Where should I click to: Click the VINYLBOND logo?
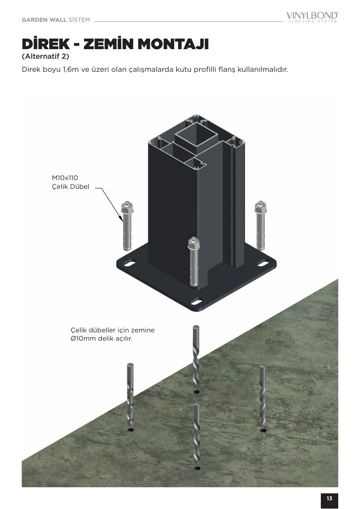[312, 17]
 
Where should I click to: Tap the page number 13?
[330, 498]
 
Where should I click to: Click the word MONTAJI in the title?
[173, 44]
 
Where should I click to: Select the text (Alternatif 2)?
[45, 57]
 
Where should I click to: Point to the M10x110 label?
[65, 178]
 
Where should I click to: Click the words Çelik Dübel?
[71, 187]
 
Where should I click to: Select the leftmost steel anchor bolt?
[127, 226]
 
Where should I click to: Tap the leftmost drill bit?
[130, 396]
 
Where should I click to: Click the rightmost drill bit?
[262, 396]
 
